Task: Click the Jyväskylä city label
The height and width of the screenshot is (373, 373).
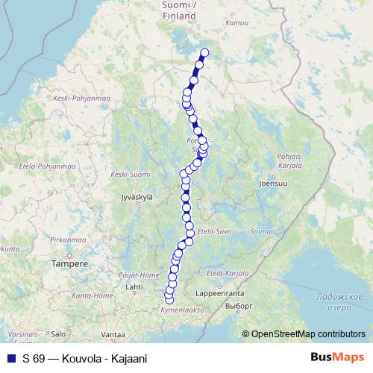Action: tap(136, 197)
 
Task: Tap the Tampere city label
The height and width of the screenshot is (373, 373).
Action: tap(69, 263)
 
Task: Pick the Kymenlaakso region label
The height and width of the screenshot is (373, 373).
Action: tap(182, 309)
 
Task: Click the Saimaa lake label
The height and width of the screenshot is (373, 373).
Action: tap(263, 231)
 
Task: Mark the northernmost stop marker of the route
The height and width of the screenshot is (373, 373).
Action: tap(204, 52)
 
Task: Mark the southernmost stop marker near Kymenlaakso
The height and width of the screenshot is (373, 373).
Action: tap(169, 300)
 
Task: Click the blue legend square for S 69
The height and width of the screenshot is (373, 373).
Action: tap(10, 359)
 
